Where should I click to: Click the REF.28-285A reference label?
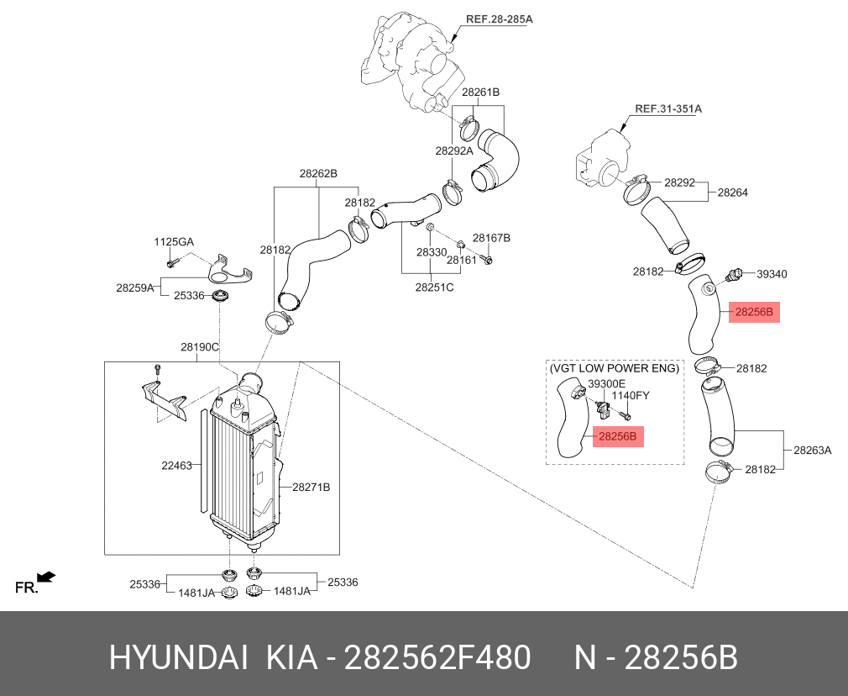point(500,18)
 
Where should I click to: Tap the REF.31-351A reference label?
point(668,108)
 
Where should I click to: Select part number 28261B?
point(480,92)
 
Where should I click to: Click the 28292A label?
point(454,151)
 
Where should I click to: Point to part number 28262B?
point(318,174)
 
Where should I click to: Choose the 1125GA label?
point(173,242)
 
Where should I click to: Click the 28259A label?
point(135,287)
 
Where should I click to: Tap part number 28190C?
point(200,346)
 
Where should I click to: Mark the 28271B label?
point(311,487)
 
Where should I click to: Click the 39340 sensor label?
point(772,274)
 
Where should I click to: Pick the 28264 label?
point(732,192)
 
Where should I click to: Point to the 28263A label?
point(813,450)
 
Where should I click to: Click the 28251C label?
point(434,287)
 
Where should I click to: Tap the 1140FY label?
point(630,395)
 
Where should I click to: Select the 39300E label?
point(606,383)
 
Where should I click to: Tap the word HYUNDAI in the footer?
point(177,658)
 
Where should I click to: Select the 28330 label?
point(432,252)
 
